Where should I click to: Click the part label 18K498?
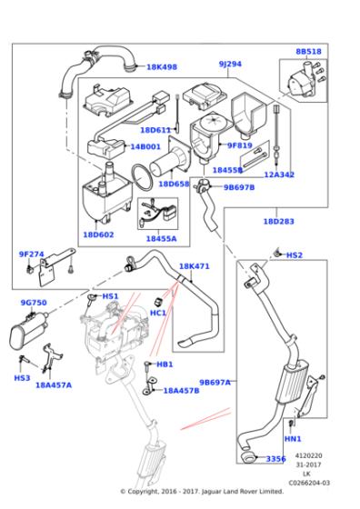[162, 67]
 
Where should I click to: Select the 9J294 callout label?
[230, 65]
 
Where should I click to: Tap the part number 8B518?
[308, 52]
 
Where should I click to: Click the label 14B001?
[145, 146]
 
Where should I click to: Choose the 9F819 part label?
[239, 145]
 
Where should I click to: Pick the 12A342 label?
[279, 175]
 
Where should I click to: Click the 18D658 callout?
[174, 184]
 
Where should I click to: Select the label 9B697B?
[239, 187]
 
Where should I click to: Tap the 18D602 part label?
[98, 235]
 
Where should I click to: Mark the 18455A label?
[161, 238]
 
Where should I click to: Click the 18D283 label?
[278, 221]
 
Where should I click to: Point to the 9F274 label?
[31, 254]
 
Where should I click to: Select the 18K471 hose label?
[194, 266]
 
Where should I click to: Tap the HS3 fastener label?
[22, 377]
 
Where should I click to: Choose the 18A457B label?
[181, 390]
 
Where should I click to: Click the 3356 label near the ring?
[275, 459]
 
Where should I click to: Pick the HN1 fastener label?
[293, 439]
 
